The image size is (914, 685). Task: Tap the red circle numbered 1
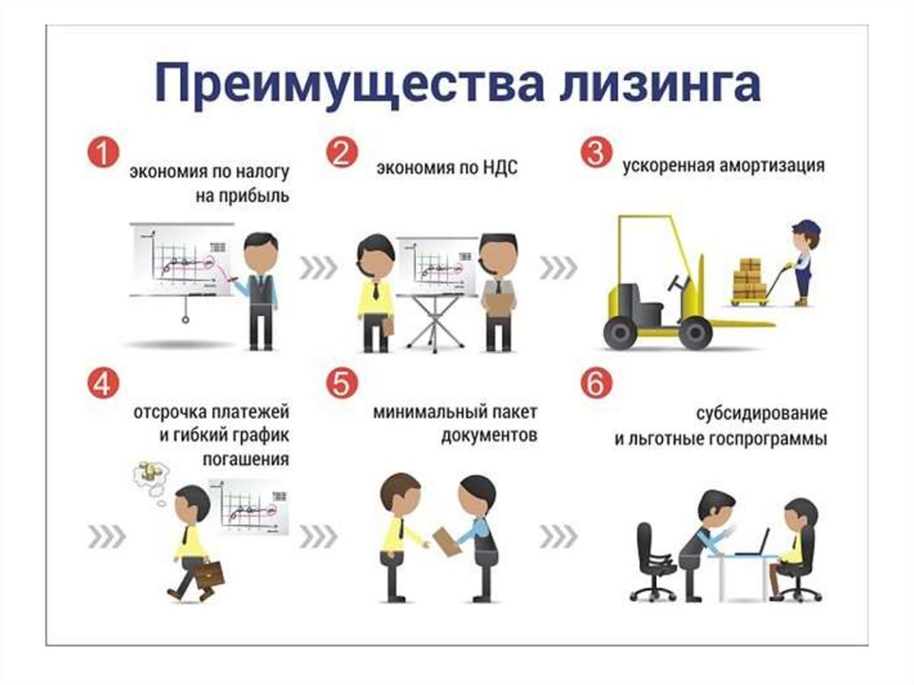102,153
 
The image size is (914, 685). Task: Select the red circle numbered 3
594,153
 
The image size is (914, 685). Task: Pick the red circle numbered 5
339,385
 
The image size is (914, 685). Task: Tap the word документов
489,437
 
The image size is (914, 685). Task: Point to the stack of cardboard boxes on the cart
750,279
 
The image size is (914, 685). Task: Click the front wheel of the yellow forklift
694,332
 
